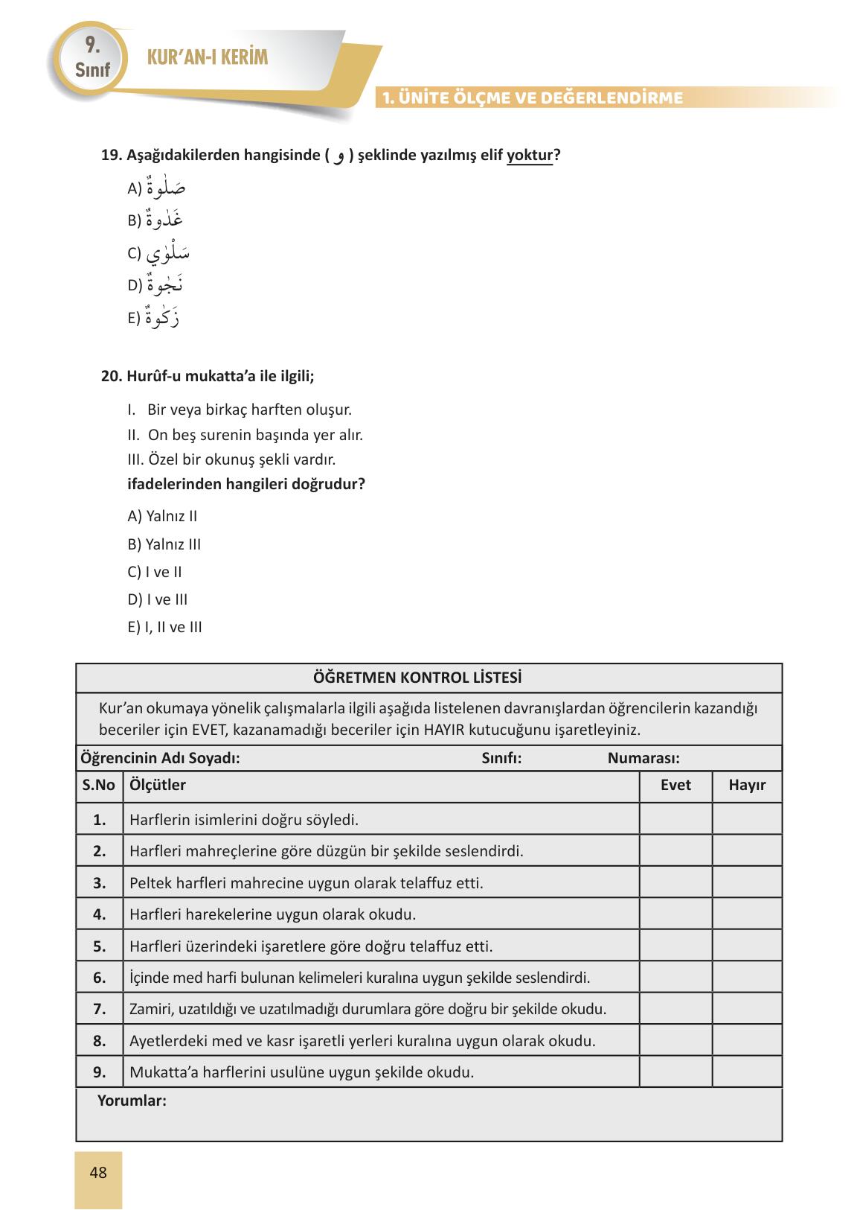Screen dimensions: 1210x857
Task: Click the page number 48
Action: coord(97,1173)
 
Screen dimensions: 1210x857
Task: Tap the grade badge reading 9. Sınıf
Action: coord(92,58)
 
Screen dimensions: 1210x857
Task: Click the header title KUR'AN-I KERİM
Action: coord(208,58)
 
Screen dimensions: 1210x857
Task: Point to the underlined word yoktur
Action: coord(529,156)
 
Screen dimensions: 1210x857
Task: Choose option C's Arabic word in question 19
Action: coord(167,253)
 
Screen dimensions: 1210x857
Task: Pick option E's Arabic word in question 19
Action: coord(163,318)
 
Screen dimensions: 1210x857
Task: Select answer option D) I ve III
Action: coord(158,599)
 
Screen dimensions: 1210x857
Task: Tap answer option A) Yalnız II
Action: coord(162,516)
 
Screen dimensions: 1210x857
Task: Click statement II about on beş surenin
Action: coord(245,434)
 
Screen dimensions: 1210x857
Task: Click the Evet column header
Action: coord(675,785)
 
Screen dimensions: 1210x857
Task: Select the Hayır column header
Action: coord(747,785)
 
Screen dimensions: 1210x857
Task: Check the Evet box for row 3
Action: coord(675,882)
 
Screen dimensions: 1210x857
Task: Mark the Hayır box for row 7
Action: coord(747,1009)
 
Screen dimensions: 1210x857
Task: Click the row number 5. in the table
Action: coord(100,946)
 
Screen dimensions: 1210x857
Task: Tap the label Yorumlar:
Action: coord(132,1101)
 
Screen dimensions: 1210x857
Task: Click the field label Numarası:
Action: coord(643,758)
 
